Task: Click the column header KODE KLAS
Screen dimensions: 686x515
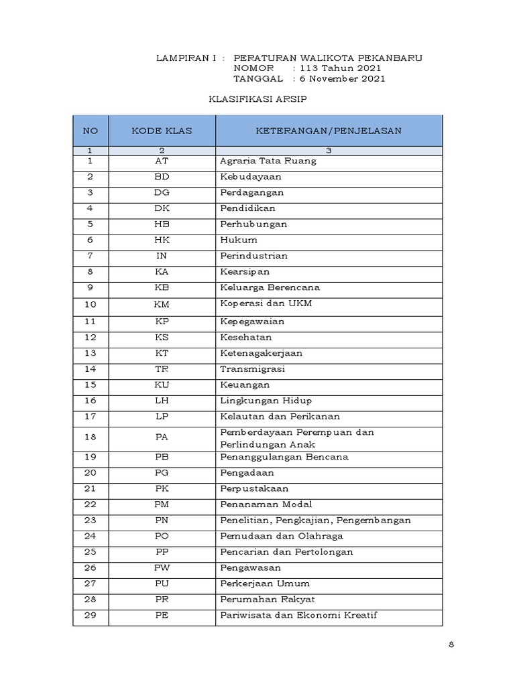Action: [x=162, y=131]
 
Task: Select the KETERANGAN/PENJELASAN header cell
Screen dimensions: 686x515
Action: [x=329, y=131]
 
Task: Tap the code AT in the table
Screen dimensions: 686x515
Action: [x=162, y=161]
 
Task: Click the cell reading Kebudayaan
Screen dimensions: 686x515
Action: [x=250, y=177]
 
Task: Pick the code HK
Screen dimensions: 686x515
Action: [x=162, y=240]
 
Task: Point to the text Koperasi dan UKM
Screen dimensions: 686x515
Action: [x=266, y=303]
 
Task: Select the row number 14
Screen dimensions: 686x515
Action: [x=91, y=369]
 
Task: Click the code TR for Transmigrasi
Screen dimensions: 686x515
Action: [x=162, y=369]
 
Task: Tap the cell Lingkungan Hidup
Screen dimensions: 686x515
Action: [x=266, y=401]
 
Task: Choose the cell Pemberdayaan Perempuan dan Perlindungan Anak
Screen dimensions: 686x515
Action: [x=296, y=438]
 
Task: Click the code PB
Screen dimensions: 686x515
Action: [x=162, y=458]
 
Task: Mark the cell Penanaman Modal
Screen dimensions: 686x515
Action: [x=266, y=504]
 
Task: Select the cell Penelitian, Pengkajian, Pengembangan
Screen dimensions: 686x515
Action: [x=315, y=521]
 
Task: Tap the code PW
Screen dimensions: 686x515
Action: [x=162, y=568]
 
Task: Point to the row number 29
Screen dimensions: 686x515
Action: [x=91, y=615]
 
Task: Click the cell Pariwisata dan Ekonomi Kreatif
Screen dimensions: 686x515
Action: [x=298, y=615]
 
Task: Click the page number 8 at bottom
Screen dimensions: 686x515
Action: [x=451, y=645]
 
